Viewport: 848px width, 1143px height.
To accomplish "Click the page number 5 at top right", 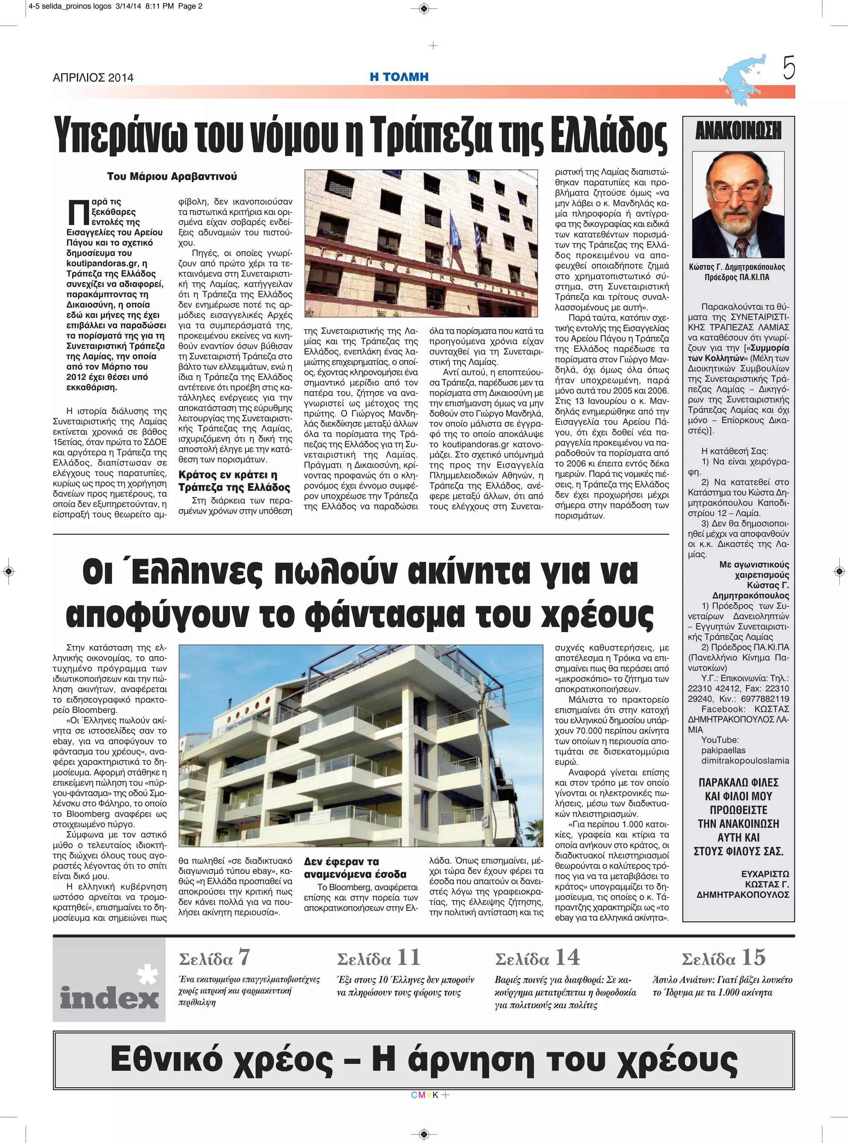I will pos(789,68).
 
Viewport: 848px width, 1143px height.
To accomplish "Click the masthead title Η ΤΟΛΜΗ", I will pos(399,77).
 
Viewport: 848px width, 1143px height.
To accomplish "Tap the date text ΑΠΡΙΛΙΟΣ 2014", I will pos(93,77).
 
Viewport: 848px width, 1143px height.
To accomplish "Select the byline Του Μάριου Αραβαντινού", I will pos(172,176).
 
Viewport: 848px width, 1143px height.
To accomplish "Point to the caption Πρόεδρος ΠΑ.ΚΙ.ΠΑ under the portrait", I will pos(737,278).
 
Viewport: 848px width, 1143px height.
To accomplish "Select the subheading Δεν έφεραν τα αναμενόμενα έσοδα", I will pos(355,867).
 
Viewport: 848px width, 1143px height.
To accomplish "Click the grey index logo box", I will pos(109,980).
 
